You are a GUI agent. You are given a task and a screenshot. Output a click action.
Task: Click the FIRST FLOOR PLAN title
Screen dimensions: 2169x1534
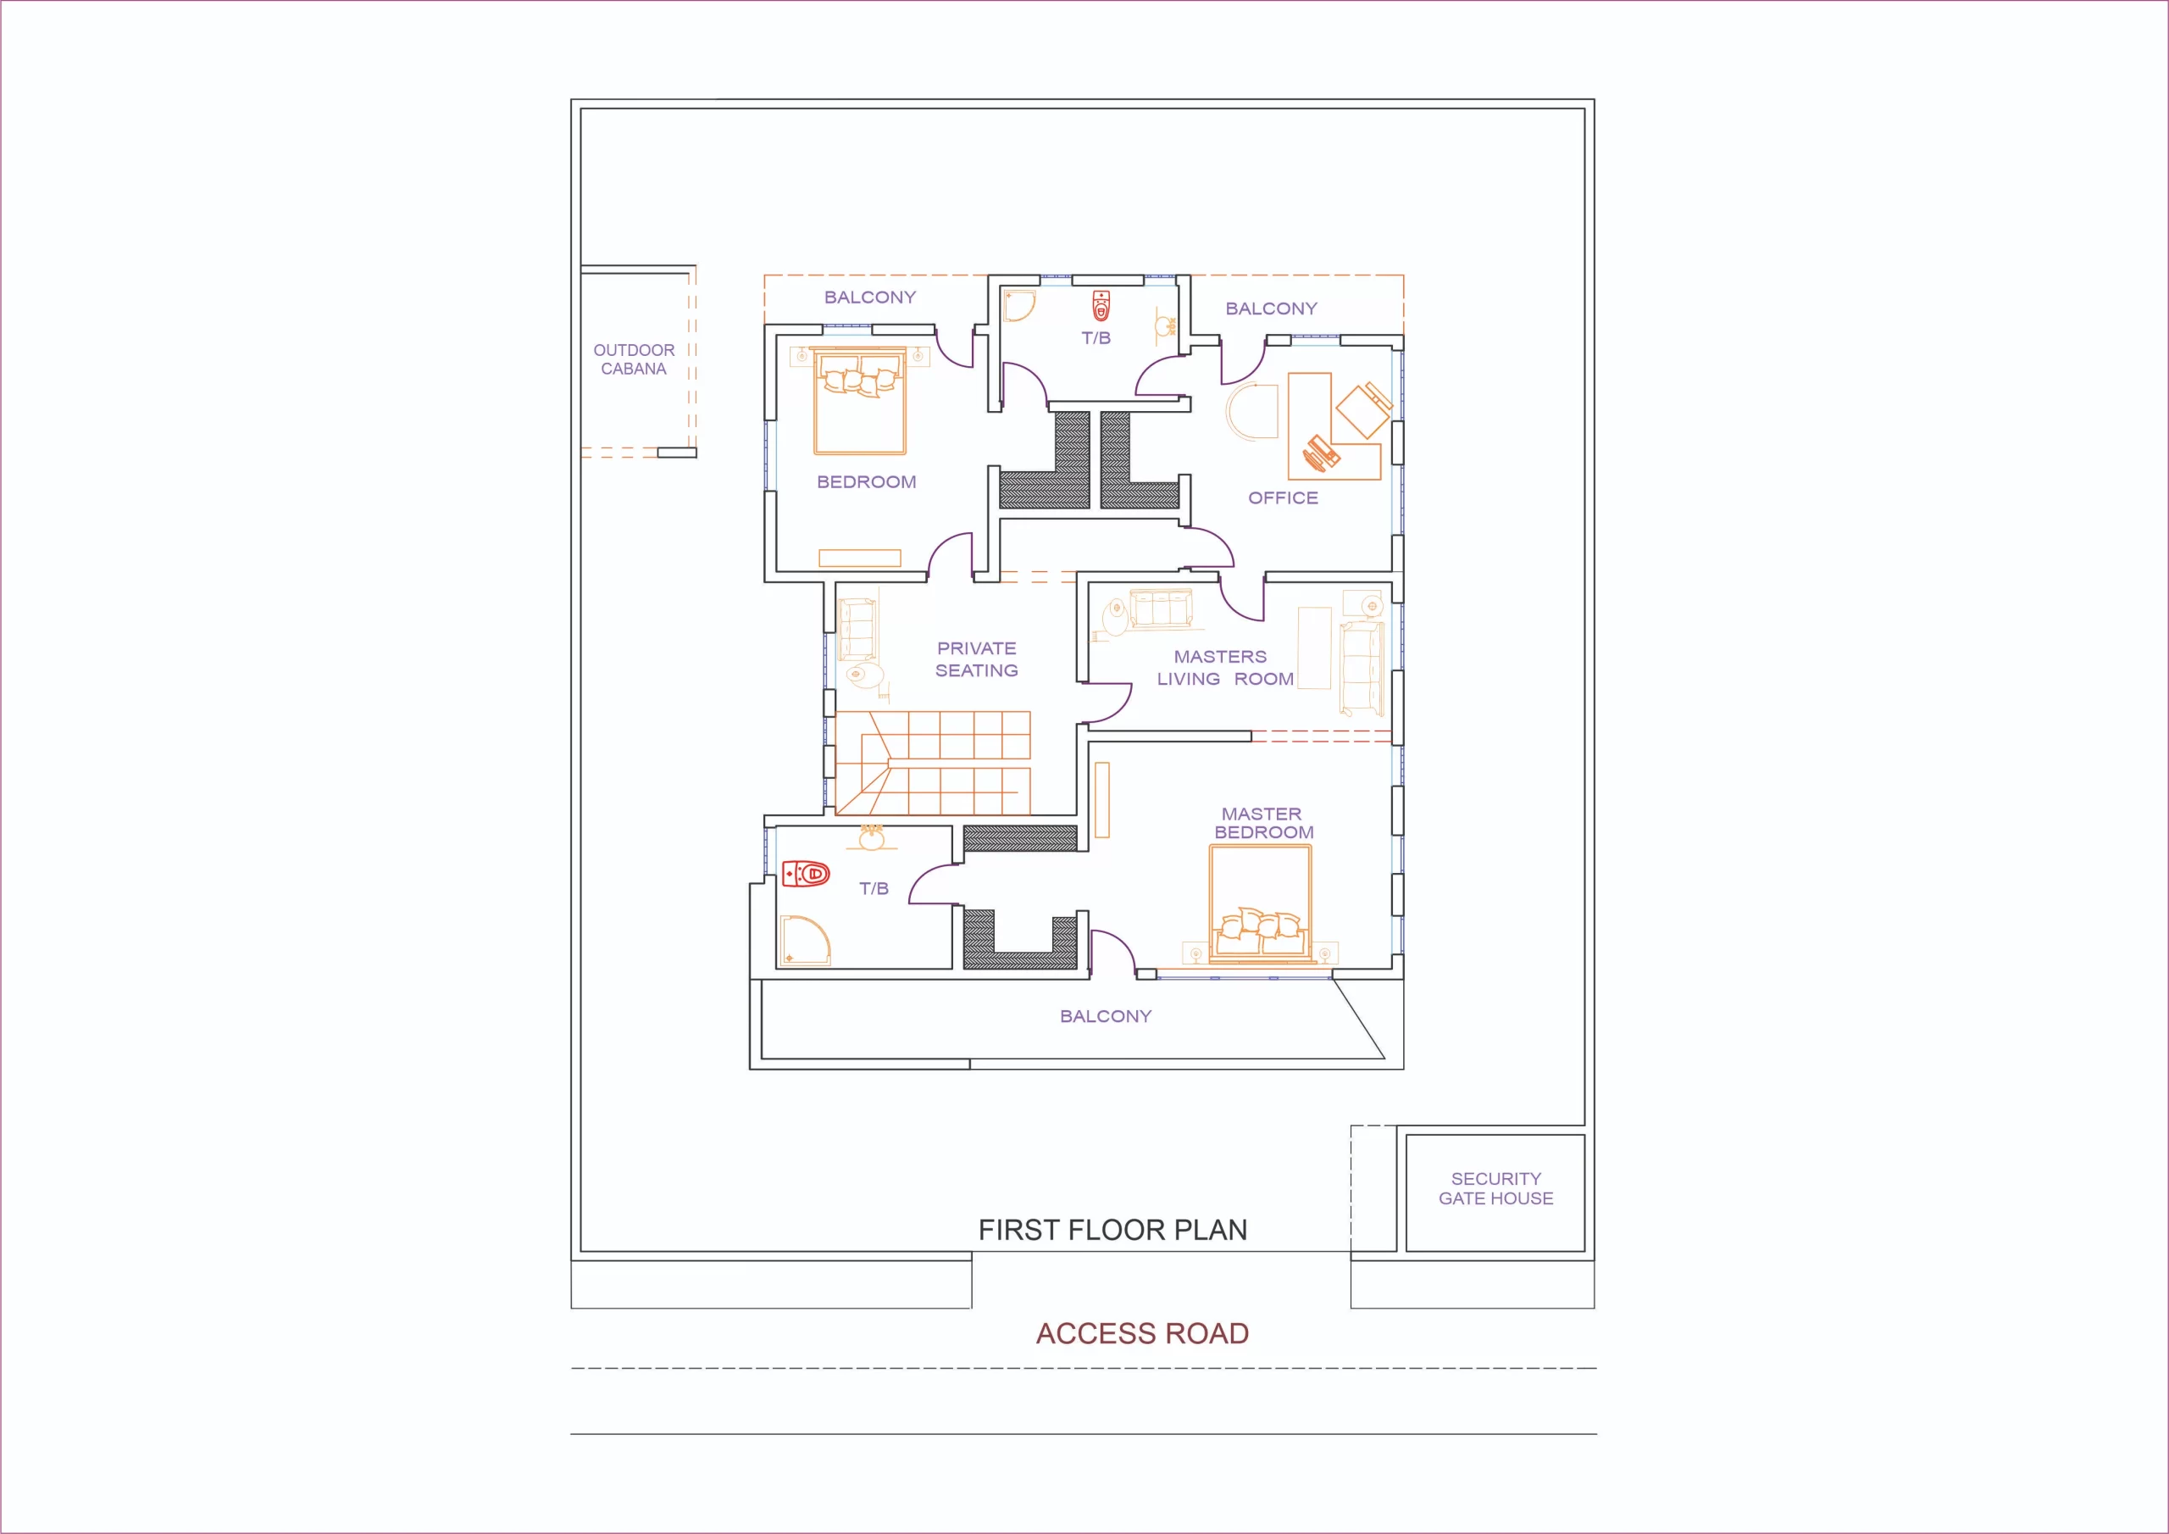coord(1112,1230)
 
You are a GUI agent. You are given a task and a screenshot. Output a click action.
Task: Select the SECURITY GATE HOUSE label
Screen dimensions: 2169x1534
coord(1495,1188)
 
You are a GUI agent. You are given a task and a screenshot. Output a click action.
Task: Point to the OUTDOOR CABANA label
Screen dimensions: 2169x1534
coord(634,359)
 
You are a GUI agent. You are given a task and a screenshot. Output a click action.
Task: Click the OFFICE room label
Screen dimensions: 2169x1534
coord(1283,498)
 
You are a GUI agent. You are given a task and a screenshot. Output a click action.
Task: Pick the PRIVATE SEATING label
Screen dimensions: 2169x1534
coord(977,659)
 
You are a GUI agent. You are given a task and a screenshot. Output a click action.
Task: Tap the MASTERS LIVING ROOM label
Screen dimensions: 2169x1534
coord(1225,667)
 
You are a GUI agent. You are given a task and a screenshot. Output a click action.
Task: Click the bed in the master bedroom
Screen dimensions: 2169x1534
coord(1260,904)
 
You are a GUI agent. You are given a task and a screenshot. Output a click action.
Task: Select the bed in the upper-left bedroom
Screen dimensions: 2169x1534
coord(860,402)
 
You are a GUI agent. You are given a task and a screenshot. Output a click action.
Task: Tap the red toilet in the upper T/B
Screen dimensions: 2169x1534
coord(1101,306)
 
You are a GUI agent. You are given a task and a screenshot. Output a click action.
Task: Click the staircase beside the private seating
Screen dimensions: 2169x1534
coord(932,763)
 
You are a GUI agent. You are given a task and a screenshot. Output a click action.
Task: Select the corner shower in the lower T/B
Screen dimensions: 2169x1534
coord(805,941)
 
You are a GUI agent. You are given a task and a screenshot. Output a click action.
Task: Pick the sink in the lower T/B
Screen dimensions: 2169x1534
coord(871,837)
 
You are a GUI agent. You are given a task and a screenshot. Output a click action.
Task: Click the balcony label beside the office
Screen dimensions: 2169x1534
coord(1271,308)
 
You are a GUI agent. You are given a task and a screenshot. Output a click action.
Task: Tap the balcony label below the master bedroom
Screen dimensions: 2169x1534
coord(1106,1016)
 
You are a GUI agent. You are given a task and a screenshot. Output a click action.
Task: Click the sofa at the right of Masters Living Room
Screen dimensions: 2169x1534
coord(1362,667)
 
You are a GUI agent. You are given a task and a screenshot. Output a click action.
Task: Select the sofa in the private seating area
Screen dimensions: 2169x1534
coord(857,630)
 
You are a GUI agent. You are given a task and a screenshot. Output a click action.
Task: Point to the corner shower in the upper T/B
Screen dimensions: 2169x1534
coord(1018,305)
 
